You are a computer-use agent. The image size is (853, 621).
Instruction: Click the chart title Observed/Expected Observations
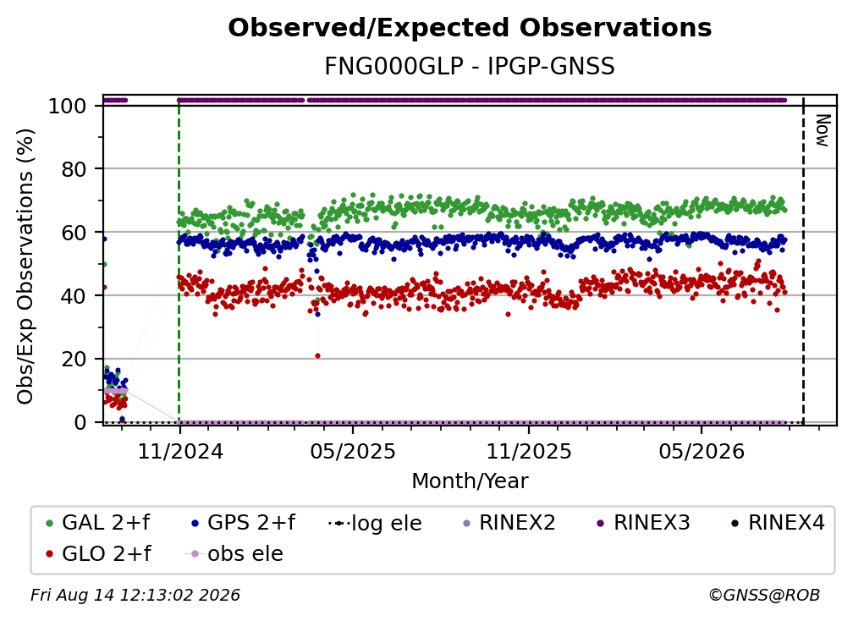click(x=470, y=28)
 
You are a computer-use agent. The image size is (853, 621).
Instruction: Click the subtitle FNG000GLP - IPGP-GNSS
click(x=470, y=67)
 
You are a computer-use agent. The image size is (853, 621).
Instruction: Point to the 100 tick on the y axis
click(x=68, y=106)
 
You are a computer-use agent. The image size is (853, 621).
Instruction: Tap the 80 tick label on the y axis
click(x=74, y=169)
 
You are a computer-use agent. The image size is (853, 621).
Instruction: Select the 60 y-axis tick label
click(x=74, y=232)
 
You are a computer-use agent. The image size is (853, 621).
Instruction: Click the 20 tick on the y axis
click(x=74, y=359)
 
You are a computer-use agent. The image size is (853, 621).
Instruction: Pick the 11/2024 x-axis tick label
click(x=180, y=451)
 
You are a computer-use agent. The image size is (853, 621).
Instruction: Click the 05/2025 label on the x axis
click(x=353, y=451)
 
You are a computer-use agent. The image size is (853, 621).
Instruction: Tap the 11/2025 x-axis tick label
click(x=529, y=451)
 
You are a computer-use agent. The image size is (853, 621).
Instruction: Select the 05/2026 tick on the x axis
click(x=702, y=451)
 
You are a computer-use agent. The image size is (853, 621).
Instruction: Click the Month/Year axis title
click(x=470, y=481)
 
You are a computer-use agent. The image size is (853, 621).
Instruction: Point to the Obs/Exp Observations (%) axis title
click(x=25, y=267)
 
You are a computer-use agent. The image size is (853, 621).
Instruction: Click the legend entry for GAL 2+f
click(x=98, y=523)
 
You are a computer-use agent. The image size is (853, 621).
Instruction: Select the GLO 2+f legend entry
click(x=98, y=553)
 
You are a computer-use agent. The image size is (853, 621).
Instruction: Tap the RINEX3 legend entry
click(x=643, y=523)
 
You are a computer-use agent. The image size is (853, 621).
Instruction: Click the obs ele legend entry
click(x=234, y=553)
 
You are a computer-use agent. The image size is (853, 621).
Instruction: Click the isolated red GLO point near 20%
click(x=317, y=355)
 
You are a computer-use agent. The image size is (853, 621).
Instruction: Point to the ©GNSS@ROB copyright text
click(x=764, y=595)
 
